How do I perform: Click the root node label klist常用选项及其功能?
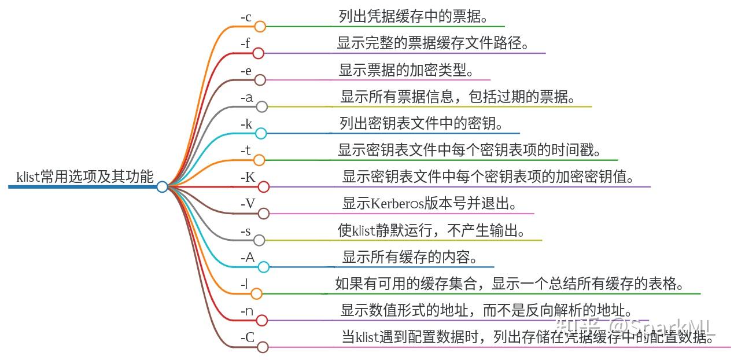tap(85, 177)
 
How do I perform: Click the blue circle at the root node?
tap(162, 186)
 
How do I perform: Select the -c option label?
tap(246, 18)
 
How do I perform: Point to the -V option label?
tap(248, 204)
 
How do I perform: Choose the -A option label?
tap(248, 258)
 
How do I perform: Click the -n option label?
tap(247, 311)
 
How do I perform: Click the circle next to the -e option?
tap(260, 80)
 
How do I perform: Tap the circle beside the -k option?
tap(261, 133)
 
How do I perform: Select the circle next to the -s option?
tap(259, 240)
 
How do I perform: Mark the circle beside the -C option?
tap(263, 347)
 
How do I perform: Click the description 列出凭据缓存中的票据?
tap(413, 17)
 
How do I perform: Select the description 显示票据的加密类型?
tap(407, 70)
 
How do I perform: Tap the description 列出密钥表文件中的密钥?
tap(421, 123)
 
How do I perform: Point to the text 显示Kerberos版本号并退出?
tap(429, 204)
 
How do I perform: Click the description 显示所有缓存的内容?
tap(410, 257)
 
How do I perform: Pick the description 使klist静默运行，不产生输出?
tap(431, 230)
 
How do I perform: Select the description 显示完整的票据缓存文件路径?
tap(433, 43)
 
